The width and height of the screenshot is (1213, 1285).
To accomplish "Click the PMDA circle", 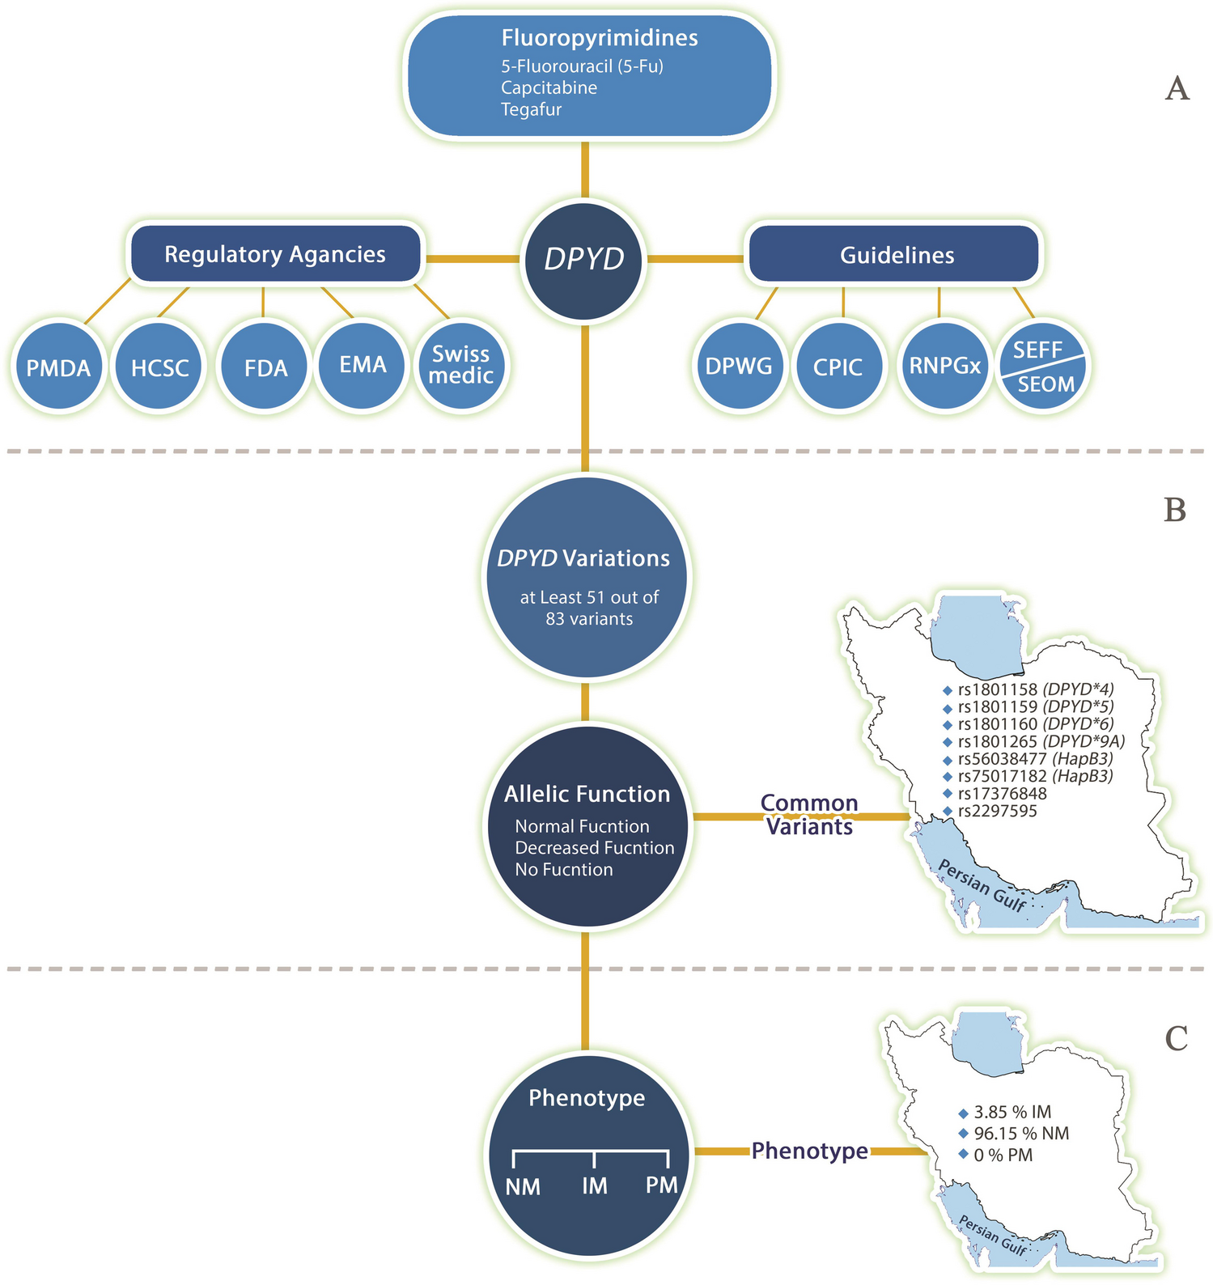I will pyautogui.click(x=58, y=367).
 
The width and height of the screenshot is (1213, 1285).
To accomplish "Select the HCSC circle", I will pyautogui.click(x=159, y=367).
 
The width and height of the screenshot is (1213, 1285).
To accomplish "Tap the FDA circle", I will pyautogui.click(x=265, y=367).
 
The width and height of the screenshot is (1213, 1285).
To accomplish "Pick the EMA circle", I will pyautogui.click(x=362, y=364).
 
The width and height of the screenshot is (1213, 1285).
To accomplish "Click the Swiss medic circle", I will pyautogui.click(x=460, y=365).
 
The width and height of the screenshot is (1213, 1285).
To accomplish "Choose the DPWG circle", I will pyautogui.click(x=739, y=367).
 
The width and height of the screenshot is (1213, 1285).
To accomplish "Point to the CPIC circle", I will pyautogui.click(x=838, y=367).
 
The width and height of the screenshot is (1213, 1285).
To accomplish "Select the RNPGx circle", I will pyautogui.click(x=944, y=366).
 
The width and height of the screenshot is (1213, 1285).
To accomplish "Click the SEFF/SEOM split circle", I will pyautogui.click(x=1042, y=367).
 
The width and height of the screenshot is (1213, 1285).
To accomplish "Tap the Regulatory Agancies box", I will pyautogui.click(x=275, y=254).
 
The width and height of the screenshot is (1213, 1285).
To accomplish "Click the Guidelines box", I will pyautogui.click(x=896, y=256).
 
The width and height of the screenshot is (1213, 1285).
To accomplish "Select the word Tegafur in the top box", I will pyautogui.click(x=531, y=109).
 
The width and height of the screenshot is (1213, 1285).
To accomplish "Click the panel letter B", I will pyautogui.click(x=1174, y=510).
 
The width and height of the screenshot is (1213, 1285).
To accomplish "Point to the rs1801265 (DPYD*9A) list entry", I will pyautogui.click(x=1041, y=741).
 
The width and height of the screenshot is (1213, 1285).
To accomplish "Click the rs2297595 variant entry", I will pyautogui.click(x=997, y=811).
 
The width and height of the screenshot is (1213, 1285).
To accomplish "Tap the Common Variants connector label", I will pyautogui.click(x=809, y=815).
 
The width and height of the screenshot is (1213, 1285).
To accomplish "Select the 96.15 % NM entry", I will pyautogui.click(x=1021, y=1134).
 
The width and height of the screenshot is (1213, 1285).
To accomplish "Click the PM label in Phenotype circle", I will pyautogui.click(x=661, y=1185).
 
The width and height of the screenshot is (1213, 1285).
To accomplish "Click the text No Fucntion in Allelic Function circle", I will pyautogui.click(x=564, y=870).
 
